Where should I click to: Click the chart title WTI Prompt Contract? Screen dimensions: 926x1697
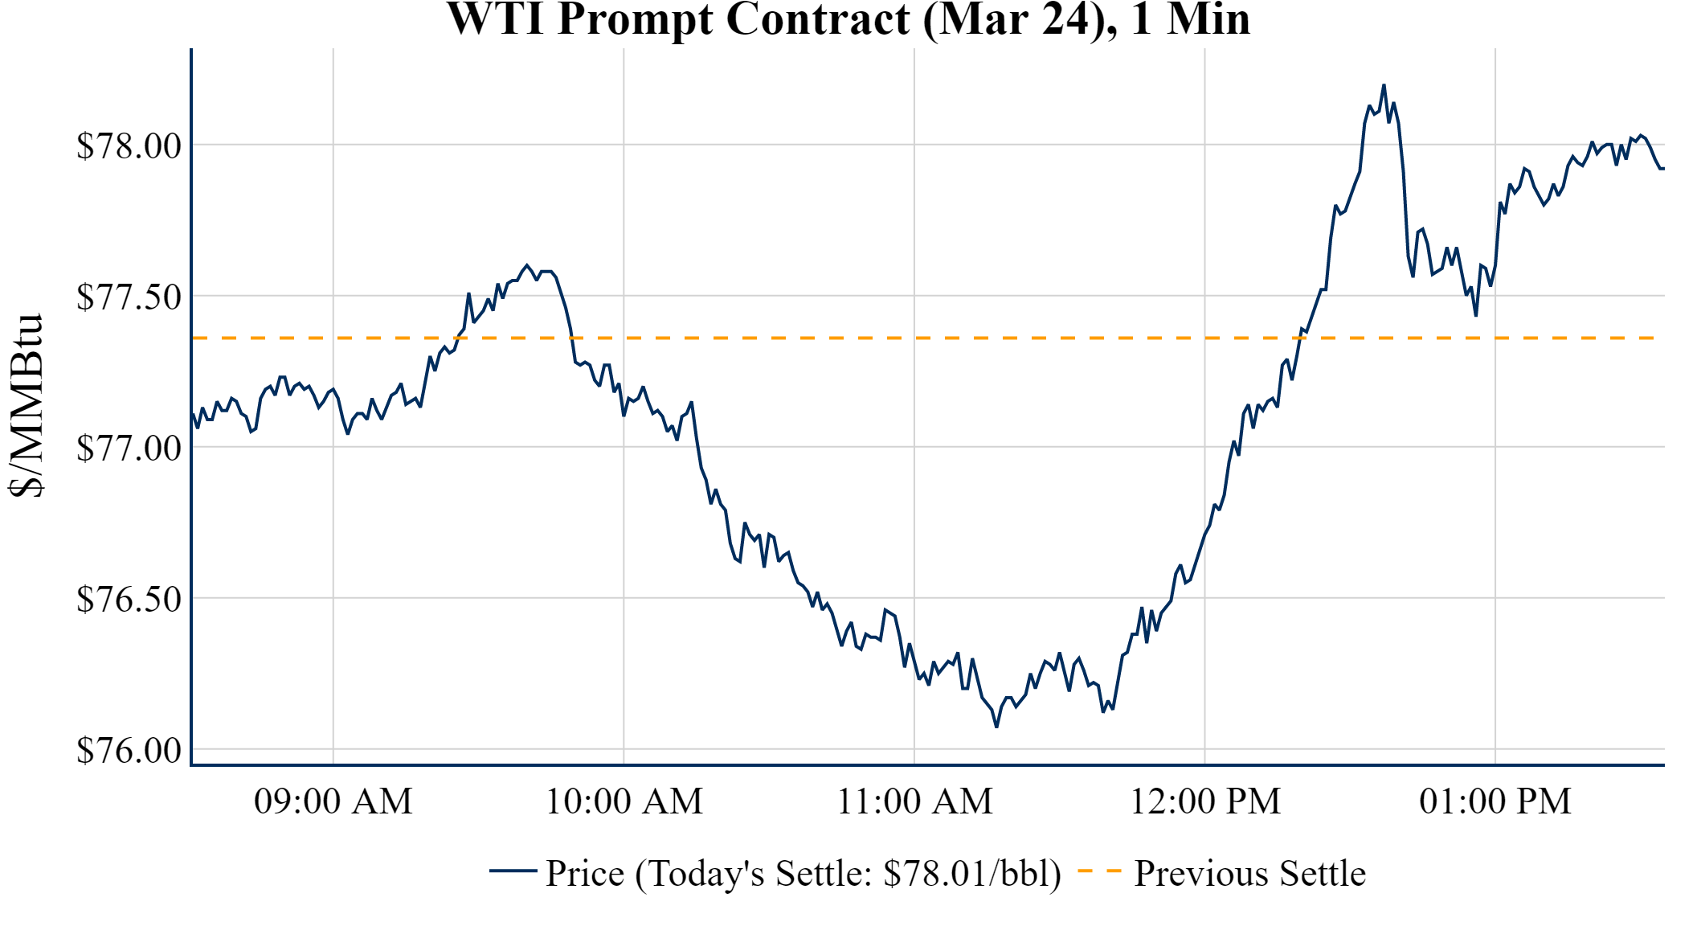tap(848, 19)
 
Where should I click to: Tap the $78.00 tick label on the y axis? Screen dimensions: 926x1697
tap(129, 146)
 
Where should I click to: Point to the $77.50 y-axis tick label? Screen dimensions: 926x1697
tap(129, 297)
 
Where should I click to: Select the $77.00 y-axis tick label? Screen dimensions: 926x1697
tap(129, 449)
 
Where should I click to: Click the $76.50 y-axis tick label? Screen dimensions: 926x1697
tap(129, 600)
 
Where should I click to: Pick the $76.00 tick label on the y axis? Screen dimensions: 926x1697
tap(129, 751)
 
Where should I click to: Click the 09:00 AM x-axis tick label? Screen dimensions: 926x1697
tap(333, 801)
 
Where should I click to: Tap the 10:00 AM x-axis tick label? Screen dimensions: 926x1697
tap(624, 801)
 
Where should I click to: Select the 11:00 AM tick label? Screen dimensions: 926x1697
tap(915, 801)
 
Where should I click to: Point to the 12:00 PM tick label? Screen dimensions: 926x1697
tap(1205, 801)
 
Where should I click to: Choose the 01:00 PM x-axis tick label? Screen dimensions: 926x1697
tap(1495, 801)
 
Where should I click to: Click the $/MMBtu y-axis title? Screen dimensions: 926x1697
tap(26, 406)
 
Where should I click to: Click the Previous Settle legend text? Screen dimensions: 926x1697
tap(1249, 874)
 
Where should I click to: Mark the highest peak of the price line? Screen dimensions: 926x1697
tap(1384, 85)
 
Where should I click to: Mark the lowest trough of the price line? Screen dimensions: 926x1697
tap(996, 727)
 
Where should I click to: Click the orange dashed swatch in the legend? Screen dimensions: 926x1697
tap(1099, 871)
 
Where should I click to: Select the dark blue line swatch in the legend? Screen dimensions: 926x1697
tap(513, 871)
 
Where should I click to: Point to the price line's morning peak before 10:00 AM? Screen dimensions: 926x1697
tap(527, 265)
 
